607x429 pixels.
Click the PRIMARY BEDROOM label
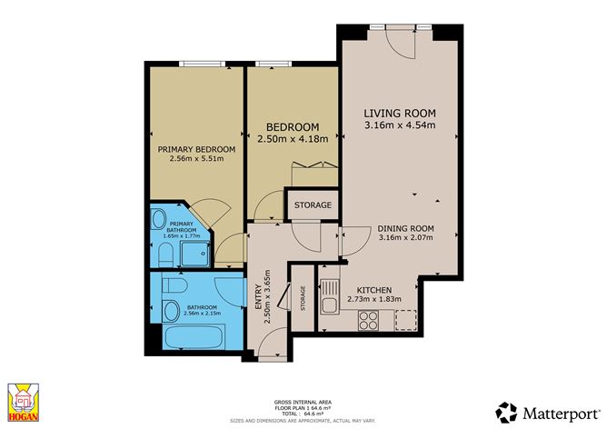[x=196, y=149]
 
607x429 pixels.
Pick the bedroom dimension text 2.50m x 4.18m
[x=292, y=139]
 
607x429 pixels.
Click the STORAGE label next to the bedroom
[x=312, y=205]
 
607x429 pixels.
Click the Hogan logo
[x=25, y=403]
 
